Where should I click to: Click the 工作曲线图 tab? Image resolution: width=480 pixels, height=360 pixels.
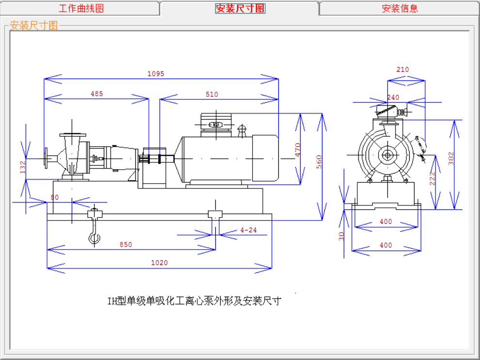pyautogui.click(x=81, y=8)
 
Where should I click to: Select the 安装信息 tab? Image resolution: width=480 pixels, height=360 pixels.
pyautogui.click(x=400, y=8)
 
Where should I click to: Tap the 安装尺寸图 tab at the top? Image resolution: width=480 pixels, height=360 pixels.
pyautogui.click(x=240, y=8)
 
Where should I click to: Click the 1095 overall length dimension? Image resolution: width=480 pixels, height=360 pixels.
pyautogui.click(x=156, y=74)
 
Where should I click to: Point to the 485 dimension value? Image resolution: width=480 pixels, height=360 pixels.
pyautogui.click(x=97, y=94)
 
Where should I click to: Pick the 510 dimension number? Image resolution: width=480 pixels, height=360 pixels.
pyautogui.click(x=212, y=94)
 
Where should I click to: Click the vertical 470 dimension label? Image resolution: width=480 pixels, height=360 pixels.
pyautogui.click(x=298, y=149)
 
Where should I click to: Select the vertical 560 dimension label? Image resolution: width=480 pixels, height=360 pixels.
pyautogui.click(x=319, y=162)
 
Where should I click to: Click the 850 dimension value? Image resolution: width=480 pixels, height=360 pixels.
pyautogui.click(x=126, y=245)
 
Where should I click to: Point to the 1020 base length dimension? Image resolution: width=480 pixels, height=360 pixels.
pyautogui.click(x=159, y=263)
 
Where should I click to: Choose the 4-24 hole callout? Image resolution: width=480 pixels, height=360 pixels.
pyautogui.click(x=248, y=230)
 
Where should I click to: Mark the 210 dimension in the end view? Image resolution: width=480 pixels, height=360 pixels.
pyautogui.click(x=402, y=69)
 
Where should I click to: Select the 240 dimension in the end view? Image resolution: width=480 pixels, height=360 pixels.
pyautogui.click(x=393, y=97)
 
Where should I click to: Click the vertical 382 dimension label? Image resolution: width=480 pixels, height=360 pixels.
pyautogui.click(x=451, y=158)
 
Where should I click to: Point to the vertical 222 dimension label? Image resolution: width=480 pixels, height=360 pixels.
pyautogui.click(x=432, y=179)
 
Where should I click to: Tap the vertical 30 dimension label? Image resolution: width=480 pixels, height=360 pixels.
pyautogui.click(x=341, y=235)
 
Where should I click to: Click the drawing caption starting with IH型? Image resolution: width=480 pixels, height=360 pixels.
pyautogui.click(x=194, y=301)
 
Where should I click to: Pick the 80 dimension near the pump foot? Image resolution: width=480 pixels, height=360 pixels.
pyautogui.click(x=54, y=197)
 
